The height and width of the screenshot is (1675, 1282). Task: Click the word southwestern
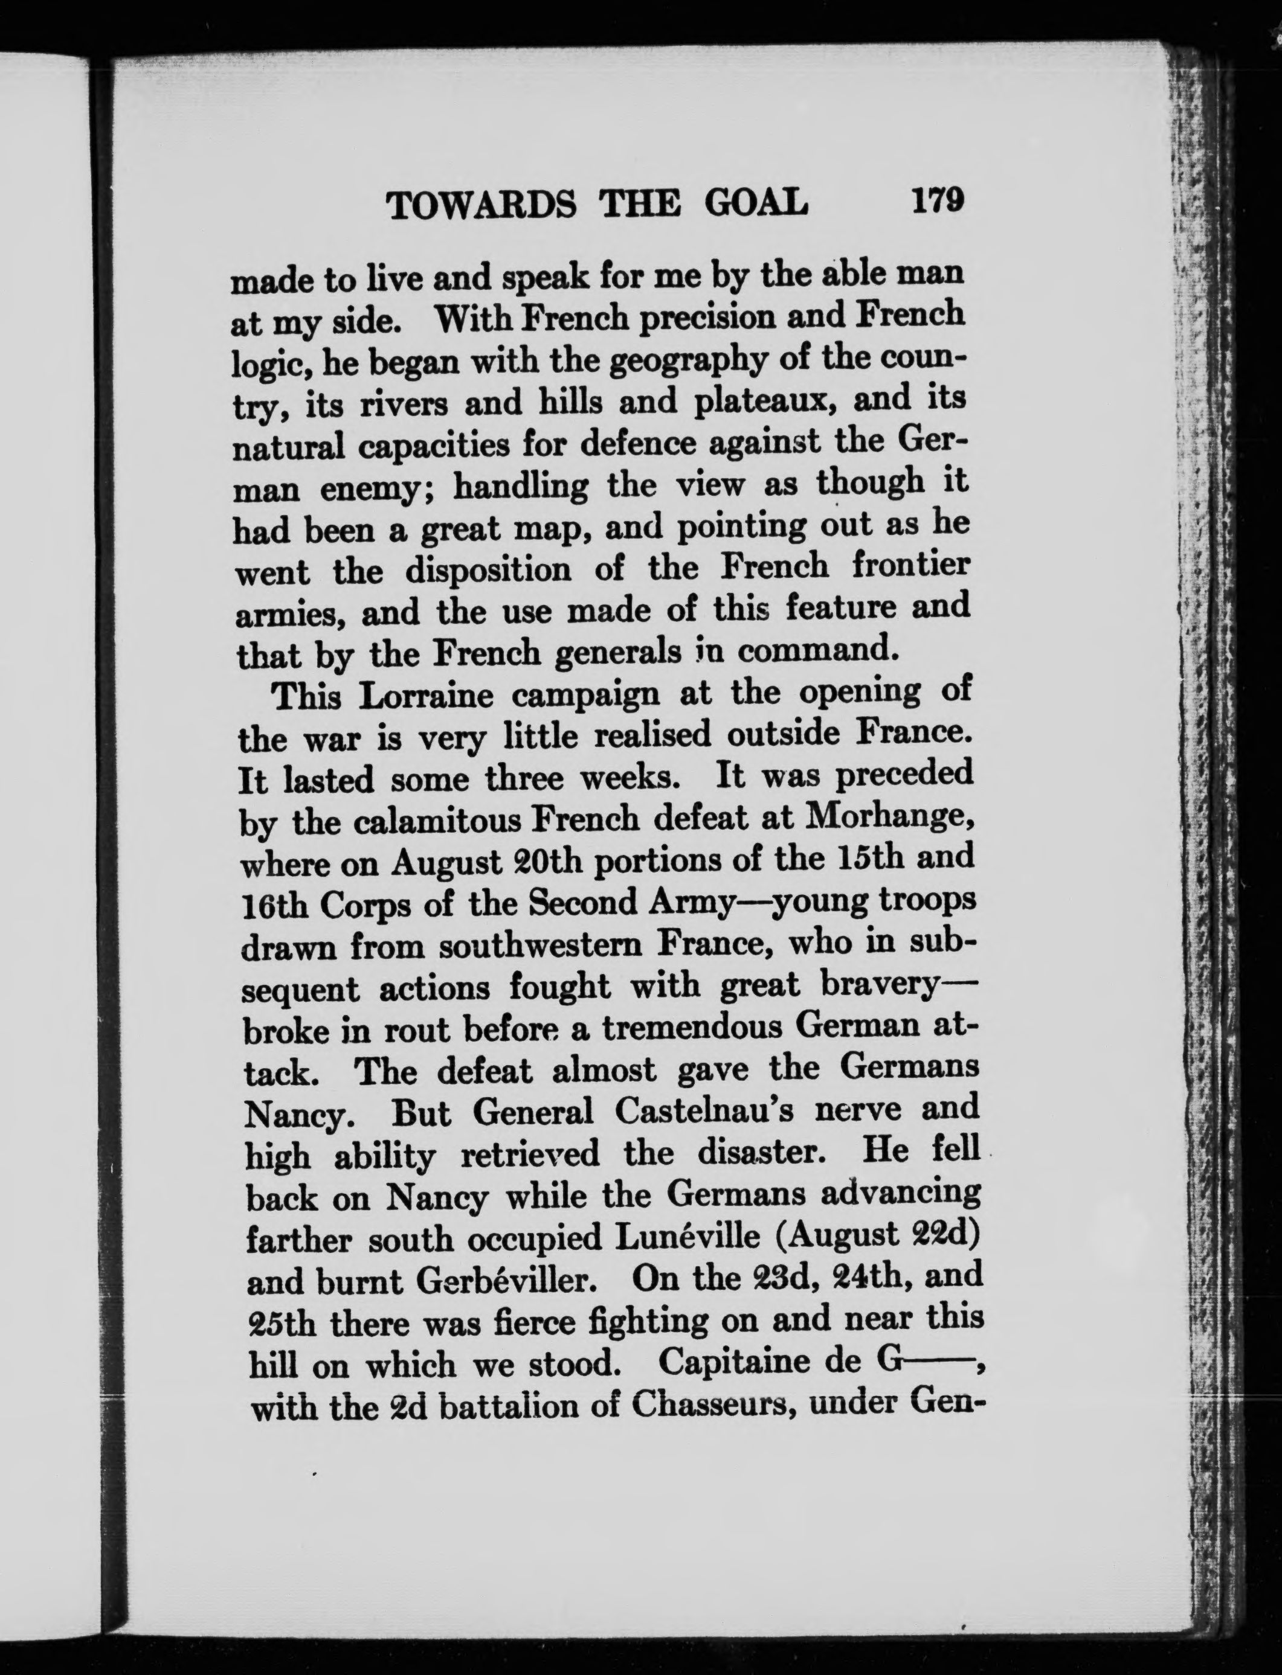tap(543, 946)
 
